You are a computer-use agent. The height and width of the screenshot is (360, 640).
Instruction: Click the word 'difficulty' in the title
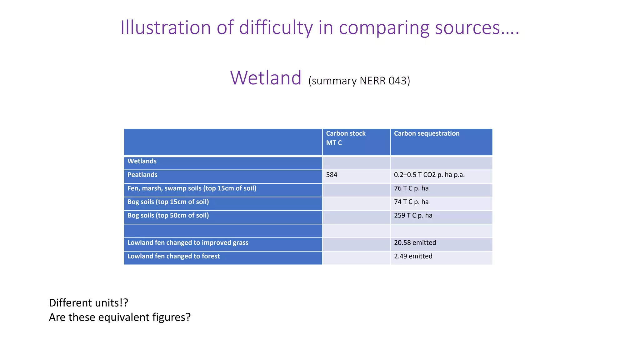click(x=276, y=27)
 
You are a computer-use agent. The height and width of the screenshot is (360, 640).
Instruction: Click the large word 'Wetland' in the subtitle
click(x=266, y=78)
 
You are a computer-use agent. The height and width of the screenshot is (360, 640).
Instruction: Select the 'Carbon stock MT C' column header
click(x=346, y=138)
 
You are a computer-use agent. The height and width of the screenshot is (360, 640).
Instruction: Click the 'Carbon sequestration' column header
click(x=427, y=133)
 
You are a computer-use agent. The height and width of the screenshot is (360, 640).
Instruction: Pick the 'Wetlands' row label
click(x=142, y=161)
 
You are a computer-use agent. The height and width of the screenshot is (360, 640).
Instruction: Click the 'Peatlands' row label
click(x=142, y=175)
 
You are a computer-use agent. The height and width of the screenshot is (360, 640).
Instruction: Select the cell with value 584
click(x=332, y=175)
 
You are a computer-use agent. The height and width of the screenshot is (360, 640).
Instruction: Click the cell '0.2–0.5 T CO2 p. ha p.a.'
click(x=429, y=175)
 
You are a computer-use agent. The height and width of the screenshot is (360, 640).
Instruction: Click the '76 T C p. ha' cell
click(x=411, y=188)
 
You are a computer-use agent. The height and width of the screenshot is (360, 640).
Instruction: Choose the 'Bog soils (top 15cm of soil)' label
click(x=168, y=202)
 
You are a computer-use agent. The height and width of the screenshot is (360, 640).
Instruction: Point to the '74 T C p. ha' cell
click(x=411, y=202)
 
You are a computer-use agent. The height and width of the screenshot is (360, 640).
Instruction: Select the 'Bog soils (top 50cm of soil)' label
click(x=168, y=215)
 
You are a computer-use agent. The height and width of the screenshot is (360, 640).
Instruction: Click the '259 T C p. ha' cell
click(x=413, y=215)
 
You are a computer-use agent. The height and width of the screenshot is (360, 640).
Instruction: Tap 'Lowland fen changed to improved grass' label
click(x=188, y=243)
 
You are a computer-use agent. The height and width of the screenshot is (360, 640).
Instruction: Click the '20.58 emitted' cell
click(x=415, y=243)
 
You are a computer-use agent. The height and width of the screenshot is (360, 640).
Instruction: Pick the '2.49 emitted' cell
click(x=413, y=256)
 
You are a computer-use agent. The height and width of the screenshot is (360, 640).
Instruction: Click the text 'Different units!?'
click(x=88, y=303)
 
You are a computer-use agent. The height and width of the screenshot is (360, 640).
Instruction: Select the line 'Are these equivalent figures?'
click(x=120, y=317)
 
